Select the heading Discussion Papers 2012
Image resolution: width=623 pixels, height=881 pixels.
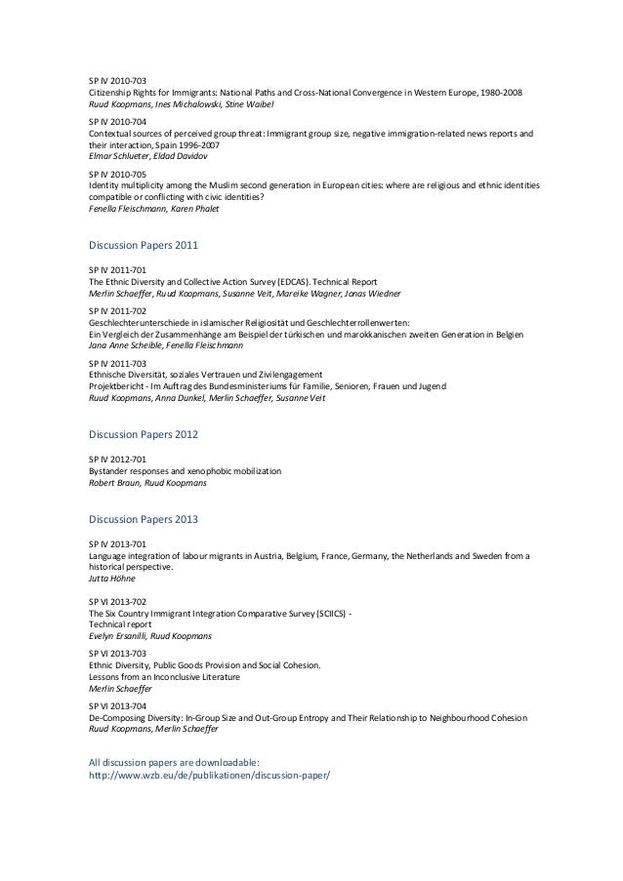pyautogui.click(x=143, y=433)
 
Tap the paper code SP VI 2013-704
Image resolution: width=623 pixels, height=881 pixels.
pyautogui.click(x=117, y=705)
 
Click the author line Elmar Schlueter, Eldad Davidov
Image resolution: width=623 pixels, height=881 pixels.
pyautogui.click(x=150, y=154)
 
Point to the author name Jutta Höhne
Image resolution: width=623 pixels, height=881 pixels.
pyautogui.click(x=111, y=578)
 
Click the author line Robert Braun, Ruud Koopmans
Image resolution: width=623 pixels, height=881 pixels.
pyautogui.click(x=146, y=482)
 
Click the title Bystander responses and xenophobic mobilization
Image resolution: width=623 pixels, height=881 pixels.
pyautogui.click(x=185, y=471)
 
